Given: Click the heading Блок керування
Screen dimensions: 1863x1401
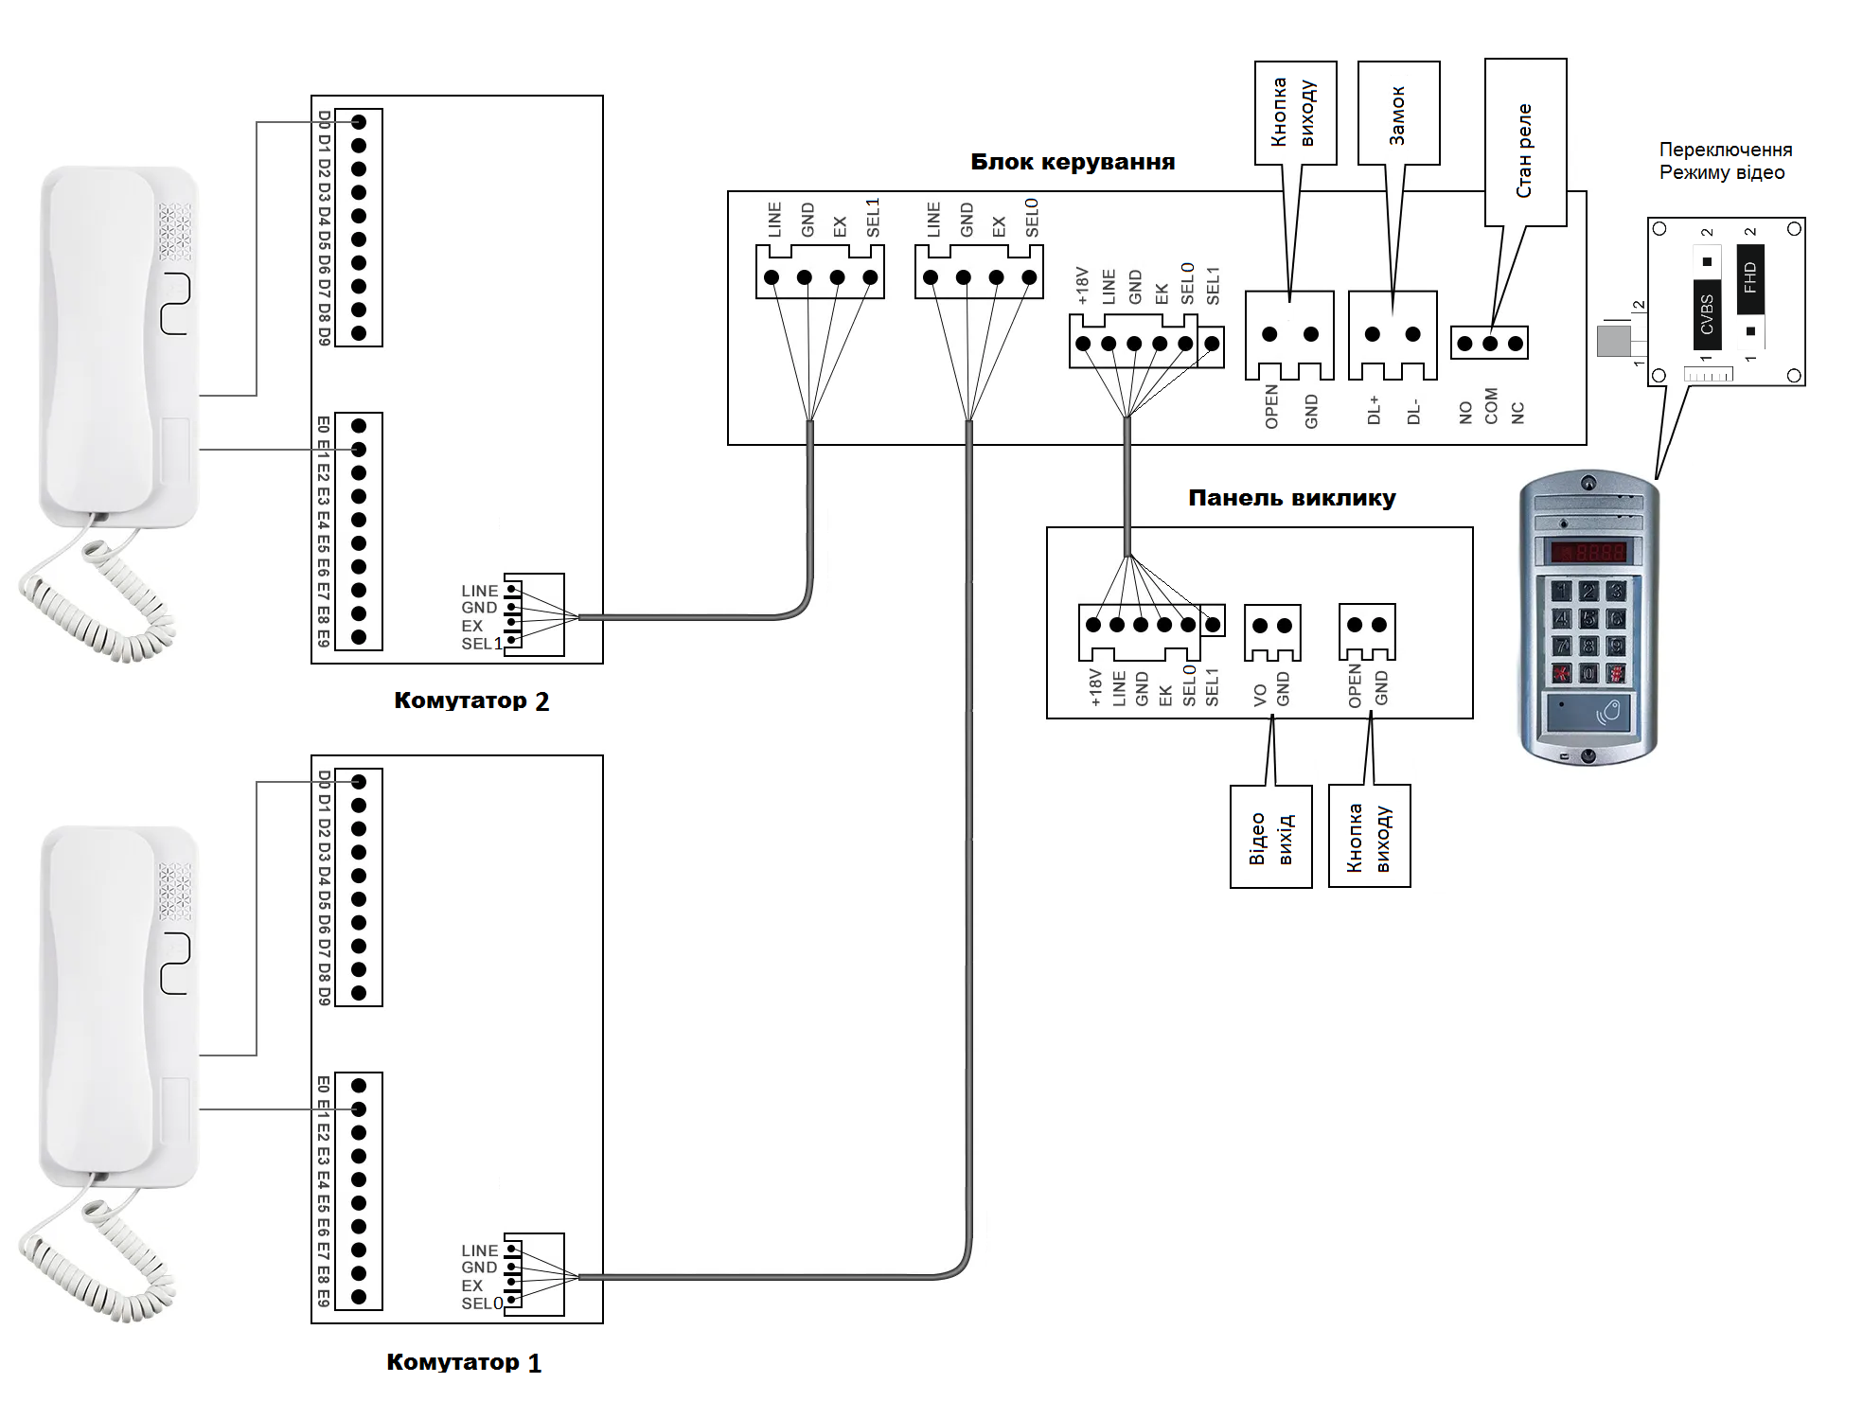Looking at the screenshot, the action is [x=1073, y=162].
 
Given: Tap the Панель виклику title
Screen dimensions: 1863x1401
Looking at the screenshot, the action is [x=1291, y=498].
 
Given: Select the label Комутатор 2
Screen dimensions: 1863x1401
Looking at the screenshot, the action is [x=471, y=700].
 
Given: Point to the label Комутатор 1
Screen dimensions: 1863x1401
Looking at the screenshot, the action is [x=464, y=1362].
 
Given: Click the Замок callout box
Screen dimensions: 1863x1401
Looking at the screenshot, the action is [x=1398, y=114].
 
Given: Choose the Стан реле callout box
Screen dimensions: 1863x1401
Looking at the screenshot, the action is [x=1525, y=143].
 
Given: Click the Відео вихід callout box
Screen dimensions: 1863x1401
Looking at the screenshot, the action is [x=1270, y=837].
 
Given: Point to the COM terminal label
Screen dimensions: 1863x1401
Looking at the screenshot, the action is [x=1491, y=406].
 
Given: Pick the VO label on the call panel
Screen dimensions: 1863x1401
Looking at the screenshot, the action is [x=1260, y=696].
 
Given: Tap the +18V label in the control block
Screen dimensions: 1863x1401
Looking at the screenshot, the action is [x=1083, y=286].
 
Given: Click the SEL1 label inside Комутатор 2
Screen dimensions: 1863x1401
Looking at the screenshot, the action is [x=482, y=644].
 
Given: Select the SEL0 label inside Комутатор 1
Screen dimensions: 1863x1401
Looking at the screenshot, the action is [x=482, y=1303].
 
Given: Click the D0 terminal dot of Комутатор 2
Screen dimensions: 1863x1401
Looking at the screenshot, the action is [x=359, y=122].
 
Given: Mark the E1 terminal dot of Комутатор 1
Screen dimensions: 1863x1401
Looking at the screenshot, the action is [x=359, y=1109].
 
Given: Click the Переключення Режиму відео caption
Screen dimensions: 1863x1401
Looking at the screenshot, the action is [x=1725, y=161].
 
